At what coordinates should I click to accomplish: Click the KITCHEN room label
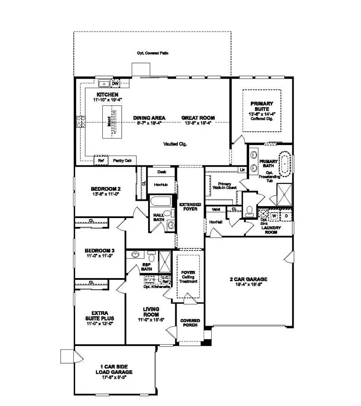pos(108,95)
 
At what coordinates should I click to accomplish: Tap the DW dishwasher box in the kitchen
pos(115,84)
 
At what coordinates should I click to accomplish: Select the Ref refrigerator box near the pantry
pos(101,160)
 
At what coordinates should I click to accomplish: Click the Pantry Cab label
pos(122,160)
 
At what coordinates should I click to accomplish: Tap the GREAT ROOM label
pos(198,118)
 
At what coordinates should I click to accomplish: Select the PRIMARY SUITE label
pos(261,106)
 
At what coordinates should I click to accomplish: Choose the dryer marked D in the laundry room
pos(285,215)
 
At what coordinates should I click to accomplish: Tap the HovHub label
pos(161,184)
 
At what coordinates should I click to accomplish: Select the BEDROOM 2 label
pos(105,189)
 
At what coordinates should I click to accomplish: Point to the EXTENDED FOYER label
pos(188,206)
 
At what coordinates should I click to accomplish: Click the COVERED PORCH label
pos(190,322)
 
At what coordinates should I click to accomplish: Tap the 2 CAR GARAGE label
pos(248,279)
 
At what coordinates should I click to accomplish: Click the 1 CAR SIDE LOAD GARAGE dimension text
pos(114,377)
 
